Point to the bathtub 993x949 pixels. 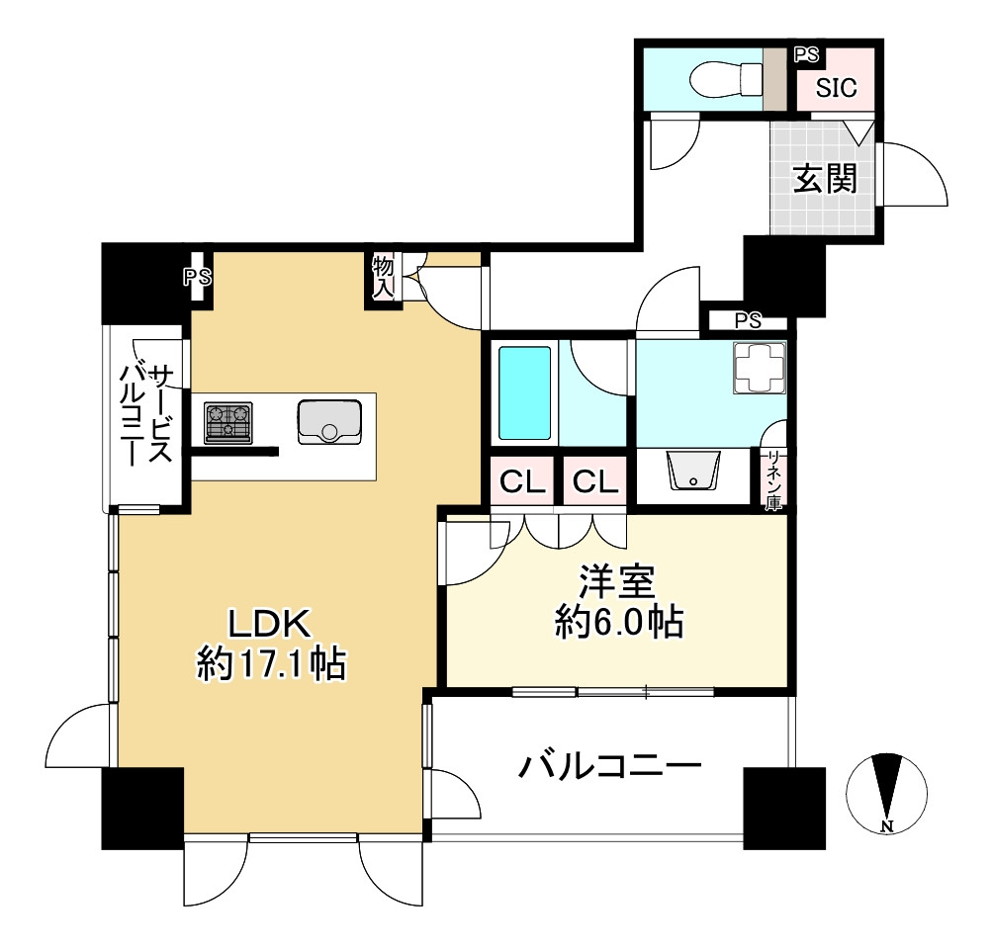point(523,392)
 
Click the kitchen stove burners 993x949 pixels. point(228,422)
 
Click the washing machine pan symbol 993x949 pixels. point(759,368)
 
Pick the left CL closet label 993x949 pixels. point(523,482)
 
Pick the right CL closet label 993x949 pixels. point(595,482)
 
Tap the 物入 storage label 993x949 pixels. point(383,277)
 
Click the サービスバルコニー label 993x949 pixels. point(147,414)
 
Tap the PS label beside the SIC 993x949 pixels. point(806,55)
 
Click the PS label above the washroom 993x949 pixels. point(748,319)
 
